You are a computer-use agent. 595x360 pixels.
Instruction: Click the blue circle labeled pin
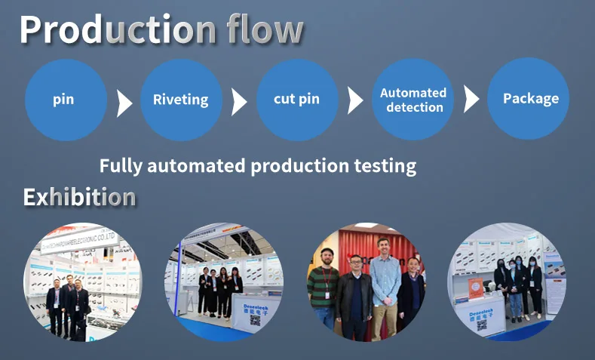click(x=64, y=99)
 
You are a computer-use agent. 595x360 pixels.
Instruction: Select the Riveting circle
click(x=181, y=99)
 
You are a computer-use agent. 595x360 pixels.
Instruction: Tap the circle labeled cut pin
click(x=297, y=99)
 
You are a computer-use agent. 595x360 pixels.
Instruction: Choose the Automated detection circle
click(x=413, y=100)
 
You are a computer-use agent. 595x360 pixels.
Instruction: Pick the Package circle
click(x=529, y=99)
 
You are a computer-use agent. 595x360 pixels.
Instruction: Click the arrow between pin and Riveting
click(x=124, y=101)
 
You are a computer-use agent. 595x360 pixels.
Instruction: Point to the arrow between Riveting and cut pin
click(x=239, y=101)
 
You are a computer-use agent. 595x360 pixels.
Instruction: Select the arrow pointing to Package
click(x=471, y=99)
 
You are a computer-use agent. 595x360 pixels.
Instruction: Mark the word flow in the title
click(x=265, y=29)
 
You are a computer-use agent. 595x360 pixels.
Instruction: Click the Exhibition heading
click(x=79, y=198)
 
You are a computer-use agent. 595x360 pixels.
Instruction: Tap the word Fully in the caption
click(x=121, y=165)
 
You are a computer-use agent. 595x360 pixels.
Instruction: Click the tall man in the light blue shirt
click(x=385, y=283)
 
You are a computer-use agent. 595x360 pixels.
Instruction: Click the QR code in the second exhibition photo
click(x=254, y=320)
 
